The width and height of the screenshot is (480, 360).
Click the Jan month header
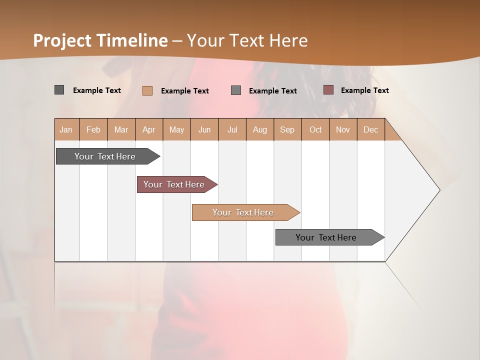pos(66,129)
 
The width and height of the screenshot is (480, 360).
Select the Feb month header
pos(93,129)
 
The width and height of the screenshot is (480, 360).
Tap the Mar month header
pos(121,129)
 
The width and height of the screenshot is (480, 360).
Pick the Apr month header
pos(149,129)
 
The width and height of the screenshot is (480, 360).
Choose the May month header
pos(176,129)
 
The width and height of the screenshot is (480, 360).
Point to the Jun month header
pos(204,129)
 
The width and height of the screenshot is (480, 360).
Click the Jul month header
pos(232,129)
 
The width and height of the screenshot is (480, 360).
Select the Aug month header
pos(260,129)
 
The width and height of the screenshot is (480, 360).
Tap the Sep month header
pos(287,129)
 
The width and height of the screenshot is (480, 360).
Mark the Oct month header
pos(315,129)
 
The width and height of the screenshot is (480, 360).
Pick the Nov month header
pos(343,129)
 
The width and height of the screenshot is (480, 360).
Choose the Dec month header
pos(371,129)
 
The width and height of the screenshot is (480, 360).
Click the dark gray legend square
pos(59,90)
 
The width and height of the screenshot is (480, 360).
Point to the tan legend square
pos(147,90)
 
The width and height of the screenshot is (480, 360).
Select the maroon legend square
pos(328,90)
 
